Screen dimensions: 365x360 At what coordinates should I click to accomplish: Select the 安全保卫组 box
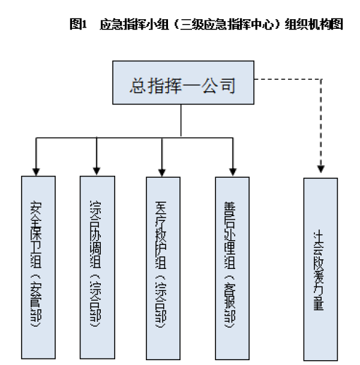pyautogui.click(x=38, y=267)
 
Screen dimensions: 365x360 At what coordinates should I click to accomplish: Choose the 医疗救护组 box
pyautogui.click(x=162, y=267)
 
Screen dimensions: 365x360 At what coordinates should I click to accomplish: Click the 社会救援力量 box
pyautogui.click(x=320, y=269)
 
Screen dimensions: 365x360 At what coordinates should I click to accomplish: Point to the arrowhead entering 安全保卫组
pyautogui.click(x=37, y=171)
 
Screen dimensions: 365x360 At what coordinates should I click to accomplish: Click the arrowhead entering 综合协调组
pyautogui.click(x=96, y=171)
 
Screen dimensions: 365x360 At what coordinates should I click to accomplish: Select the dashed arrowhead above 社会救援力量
pyautogui.click(x=321, y=172)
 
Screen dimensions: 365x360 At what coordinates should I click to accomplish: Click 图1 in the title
pyautogui.click(x=79, y=25)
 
